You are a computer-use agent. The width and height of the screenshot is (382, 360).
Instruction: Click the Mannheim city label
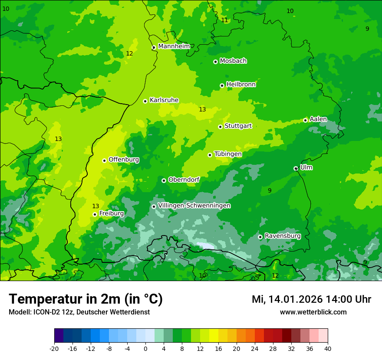[x=174, y=46]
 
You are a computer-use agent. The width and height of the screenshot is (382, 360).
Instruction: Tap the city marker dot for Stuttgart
[x=221, y=127]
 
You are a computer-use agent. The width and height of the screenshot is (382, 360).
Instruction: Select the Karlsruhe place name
[x=164, y=100]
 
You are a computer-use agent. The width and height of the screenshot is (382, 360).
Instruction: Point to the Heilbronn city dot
[x=222, y=85]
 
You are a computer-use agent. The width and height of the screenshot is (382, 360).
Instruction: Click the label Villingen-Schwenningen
[x=194, y=206]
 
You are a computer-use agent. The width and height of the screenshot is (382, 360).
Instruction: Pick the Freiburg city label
[x=111, y=213]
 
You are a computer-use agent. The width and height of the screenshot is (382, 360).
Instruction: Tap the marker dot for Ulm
[x=296, y=168]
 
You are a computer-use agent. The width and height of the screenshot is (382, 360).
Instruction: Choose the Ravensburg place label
[x=283, y=236]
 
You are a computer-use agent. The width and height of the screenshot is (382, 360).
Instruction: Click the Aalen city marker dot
[x=306, y=120]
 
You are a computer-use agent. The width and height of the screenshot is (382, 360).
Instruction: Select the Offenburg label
[x=124, y=160]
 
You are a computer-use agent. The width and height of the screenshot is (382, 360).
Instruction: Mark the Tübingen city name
[x=228, y=154]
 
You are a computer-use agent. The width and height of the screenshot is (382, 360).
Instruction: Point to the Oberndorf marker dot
[x=164, y=180]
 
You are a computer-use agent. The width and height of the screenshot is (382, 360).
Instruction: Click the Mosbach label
[x=233, y=61]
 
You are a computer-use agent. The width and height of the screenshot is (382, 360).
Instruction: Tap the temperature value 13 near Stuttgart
[x=202, y=109]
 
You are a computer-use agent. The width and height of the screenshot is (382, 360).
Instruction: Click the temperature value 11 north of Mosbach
[x=224, y=20]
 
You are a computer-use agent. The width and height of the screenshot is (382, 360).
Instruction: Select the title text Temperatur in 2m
[x=86, y=299]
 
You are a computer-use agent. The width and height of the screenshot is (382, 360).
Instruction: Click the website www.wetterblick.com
[x=313, y=312]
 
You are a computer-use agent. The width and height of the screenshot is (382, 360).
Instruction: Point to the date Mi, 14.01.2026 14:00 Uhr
[x=311, y=299]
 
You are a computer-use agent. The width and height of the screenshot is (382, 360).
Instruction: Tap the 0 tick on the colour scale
[x=145, y=349]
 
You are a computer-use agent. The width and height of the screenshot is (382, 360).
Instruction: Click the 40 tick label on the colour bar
[x=327, y=349]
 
